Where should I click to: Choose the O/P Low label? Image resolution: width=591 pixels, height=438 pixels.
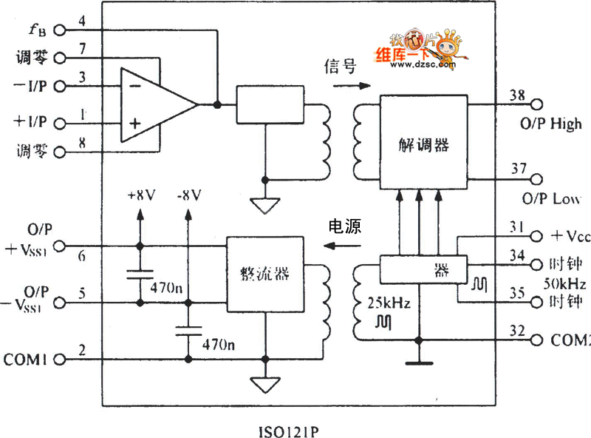click(550, 199)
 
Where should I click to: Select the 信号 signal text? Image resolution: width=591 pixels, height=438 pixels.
click(341, 68)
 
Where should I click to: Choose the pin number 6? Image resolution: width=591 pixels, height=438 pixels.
click(82, 256)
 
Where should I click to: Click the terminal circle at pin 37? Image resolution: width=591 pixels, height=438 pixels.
click(536, 179)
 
